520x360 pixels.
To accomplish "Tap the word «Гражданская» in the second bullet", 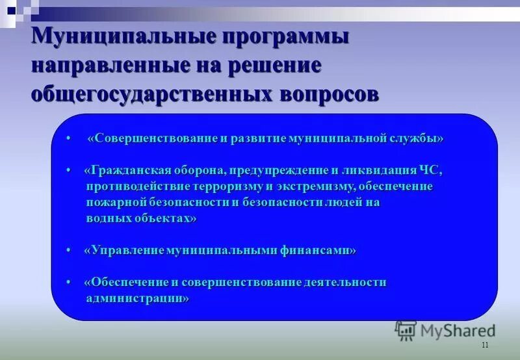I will (130, 170).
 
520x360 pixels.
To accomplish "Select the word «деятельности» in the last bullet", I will (348, 282).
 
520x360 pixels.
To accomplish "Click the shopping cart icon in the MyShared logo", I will (406, 330).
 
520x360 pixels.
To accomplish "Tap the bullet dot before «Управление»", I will (69, 250).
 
